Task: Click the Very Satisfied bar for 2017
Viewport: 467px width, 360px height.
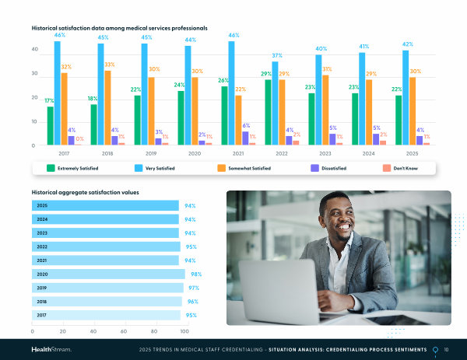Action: coord(57,93)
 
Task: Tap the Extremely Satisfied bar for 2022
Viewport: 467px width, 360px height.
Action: coord(269,112)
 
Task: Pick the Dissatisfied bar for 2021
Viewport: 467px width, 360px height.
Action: coord(246,138)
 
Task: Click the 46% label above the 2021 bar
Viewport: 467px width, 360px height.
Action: coord(233,36)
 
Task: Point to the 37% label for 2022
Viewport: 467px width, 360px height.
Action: coord(277,56)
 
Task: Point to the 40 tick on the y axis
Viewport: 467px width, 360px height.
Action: coord(34,50)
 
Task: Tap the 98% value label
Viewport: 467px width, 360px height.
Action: coord(196,274)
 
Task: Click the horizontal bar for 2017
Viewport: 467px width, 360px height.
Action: coord(106,315)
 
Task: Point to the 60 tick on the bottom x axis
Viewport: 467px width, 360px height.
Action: coord(124,330)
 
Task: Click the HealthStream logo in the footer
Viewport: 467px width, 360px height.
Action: coord(51,349)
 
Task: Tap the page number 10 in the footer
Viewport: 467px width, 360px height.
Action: coord(446,349)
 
